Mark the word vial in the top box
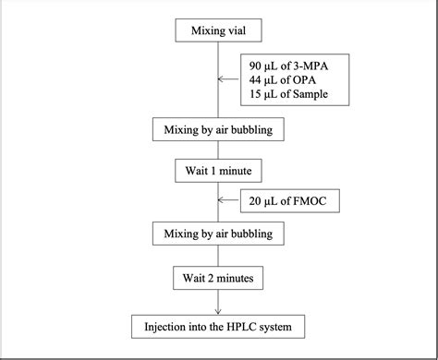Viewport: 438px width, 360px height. [x=241, y=30]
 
